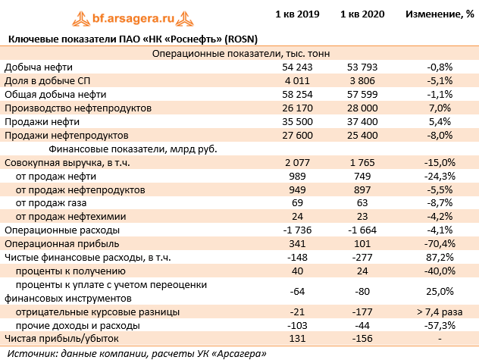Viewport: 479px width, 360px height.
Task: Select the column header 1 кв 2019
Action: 298,14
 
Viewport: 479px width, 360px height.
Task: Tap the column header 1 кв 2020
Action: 364,14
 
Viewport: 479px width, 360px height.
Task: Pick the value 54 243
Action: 298,67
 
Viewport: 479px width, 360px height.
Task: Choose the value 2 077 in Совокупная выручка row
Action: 298,162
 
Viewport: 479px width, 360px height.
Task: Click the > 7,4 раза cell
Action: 440,311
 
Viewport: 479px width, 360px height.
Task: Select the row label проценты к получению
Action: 70,271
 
